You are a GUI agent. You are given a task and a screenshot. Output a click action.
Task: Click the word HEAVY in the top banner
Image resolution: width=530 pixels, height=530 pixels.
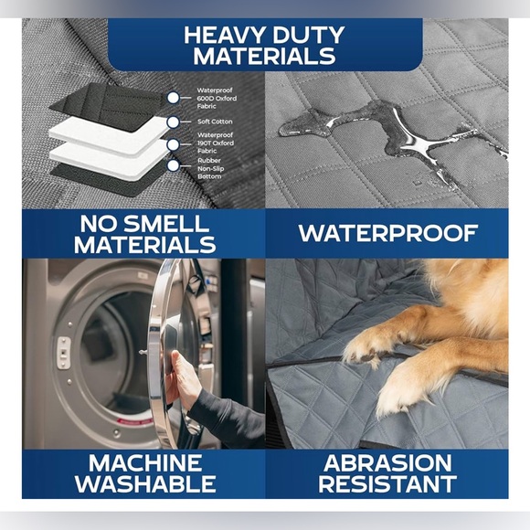pos(225,35)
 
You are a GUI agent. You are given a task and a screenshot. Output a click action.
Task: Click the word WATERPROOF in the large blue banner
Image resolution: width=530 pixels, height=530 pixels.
pos(387,234)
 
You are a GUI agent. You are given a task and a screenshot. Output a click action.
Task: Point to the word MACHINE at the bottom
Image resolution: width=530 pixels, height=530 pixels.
pos(145,462)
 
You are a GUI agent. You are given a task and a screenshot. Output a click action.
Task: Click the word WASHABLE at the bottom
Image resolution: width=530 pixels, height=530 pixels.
pos(145,483)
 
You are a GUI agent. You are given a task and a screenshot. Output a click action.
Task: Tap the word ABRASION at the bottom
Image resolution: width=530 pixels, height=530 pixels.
pos(387,462)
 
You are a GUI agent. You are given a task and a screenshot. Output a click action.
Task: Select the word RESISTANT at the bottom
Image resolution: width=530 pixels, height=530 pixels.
pos(387,483)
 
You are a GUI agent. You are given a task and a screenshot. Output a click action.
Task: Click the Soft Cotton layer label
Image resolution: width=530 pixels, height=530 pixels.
pos(215,122)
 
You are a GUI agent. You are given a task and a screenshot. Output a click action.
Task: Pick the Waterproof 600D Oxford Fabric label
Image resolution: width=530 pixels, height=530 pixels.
pos(217,99)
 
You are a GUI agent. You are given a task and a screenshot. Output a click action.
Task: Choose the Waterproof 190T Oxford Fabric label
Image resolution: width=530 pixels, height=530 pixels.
pos(216,143)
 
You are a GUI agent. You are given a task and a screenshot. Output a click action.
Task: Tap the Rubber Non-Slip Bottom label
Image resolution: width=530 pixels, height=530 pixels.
pos(210,168)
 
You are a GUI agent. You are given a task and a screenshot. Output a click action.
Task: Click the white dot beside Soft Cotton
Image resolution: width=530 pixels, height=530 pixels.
pos(173,122)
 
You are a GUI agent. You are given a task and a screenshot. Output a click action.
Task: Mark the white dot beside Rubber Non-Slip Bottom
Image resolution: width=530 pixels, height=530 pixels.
pos(173,165)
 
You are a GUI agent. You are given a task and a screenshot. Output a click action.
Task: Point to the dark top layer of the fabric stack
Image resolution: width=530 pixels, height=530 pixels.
pos(108,105)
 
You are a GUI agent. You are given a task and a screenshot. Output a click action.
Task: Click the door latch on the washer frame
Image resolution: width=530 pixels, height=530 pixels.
pos(63,353)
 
